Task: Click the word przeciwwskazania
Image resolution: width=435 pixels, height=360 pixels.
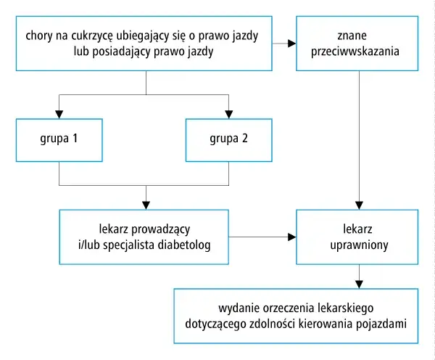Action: click(x=358, y=52)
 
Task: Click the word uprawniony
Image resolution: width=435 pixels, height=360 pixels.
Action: click(x=357, y=245)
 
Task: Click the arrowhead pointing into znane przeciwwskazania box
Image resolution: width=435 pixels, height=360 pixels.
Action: click(x=291, y=44)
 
